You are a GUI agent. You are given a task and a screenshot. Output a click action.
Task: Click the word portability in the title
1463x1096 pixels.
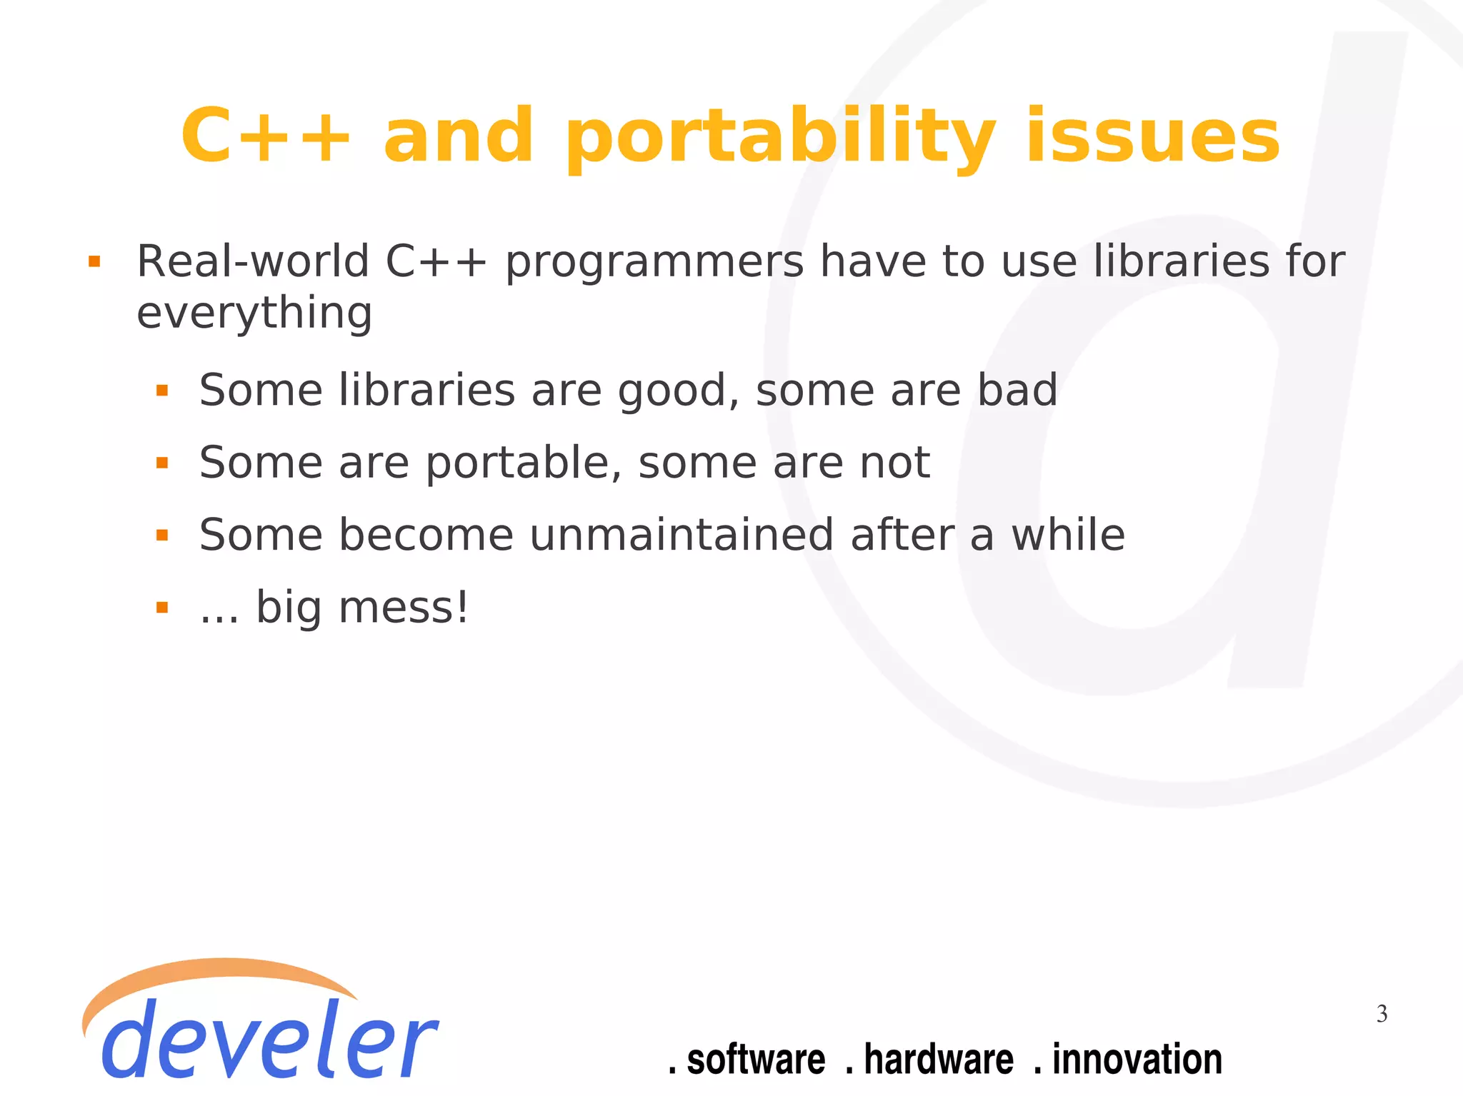(780, 137)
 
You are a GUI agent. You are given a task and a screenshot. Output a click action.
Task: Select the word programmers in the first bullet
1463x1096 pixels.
(654, 263)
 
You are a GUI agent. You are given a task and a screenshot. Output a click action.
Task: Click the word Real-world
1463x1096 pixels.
(252, 261)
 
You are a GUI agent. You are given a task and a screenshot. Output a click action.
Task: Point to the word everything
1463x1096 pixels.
(254, 314)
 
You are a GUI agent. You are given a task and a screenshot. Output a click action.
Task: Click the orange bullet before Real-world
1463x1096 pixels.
(94, 262)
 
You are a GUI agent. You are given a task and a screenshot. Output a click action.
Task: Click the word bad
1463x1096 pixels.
(1017, 391)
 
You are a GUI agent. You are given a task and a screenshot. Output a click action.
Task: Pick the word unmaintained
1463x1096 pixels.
(681, 536)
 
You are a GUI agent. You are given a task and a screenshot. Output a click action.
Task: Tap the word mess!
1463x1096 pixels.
(403, 608)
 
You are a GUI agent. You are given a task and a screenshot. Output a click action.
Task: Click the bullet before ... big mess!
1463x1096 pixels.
(162, 608)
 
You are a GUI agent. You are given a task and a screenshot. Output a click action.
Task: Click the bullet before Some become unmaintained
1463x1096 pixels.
(162, 536)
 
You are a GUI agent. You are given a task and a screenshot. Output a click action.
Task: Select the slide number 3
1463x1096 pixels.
(1382, 1014)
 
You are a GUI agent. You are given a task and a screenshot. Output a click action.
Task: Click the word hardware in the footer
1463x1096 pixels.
(938, 1060)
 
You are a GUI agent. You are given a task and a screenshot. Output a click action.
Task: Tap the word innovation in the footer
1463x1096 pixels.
(1137, 1060)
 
